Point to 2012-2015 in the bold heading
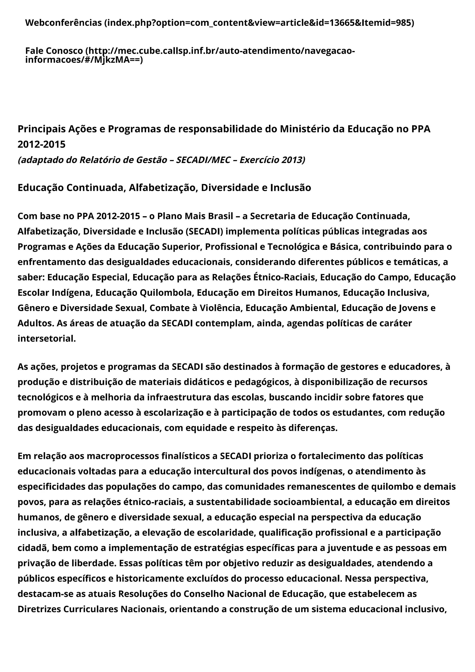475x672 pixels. (x=42, y=144)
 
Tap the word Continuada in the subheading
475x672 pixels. (x=96, y=188)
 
